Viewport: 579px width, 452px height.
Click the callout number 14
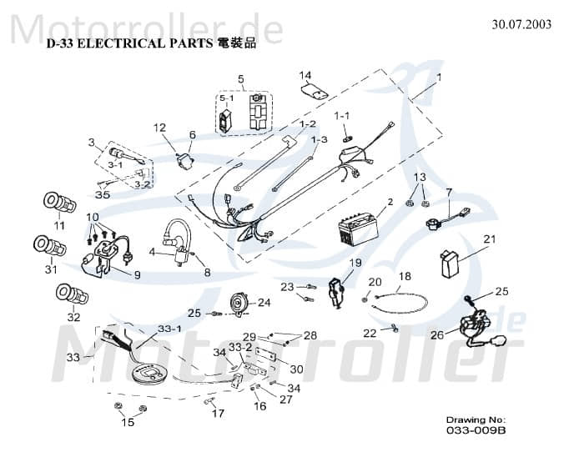[305, 75]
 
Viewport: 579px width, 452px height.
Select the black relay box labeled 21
[452, 264]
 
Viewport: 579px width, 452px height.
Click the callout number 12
[160, 128]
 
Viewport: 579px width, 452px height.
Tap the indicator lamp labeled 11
[59, 203]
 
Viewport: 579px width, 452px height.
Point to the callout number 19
[355, 263]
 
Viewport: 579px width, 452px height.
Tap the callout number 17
[217, 414]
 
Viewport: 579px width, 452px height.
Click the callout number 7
[448, 192]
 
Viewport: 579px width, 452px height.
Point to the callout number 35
[102, 195]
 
